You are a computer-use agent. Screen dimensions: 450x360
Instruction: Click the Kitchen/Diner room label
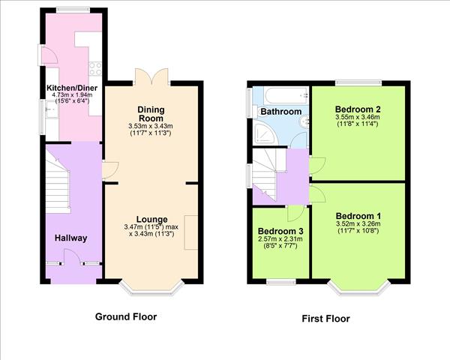point(72,88)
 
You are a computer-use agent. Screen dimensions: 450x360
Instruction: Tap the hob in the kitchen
point(95,68)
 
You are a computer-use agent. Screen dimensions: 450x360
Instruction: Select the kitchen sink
point(52,109)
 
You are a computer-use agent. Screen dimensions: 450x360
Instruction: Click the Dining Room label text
point(151,114)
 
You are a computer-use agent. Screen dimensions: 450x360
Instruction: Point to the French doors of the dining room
point(151,76)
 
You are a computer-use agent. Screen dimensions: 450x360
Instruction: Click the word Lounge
point(151,219)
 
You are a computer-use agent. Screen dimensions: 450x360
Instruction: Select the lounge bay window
point(151,289)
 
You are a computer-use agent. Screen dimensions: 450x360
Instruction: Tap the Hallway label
point(71,238)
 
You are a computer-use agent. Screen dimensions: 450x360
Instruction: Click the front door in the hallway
point(72,256)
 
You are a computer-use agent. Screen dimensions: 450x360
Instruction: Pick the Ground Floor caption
point(126,316)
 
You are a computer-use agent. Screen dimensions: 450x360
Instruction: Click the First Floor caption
point(325,319)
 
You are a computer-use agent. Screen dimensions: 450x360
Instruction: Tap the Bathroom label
point(281,112)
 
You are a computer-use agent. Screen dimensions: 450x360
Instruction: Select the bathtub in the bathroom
point(286,95)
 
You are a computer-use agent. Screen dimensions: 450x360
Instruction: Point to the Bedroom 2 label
point(358,109)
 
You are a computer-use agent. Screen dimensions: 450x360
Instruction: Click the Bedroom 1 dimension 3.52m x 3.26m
point(358,224)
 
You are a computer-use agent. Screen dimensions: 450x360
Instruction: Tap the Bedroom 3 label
point(280,231)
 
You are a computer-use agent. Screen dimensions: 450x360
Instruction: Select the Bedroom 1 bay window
point(359,289)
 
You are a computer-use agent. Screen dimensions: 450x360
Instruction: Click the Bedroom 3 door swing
point(295,214)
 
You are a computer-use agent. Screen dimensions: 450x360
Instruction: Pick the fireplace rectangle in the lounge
point(190,232)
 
